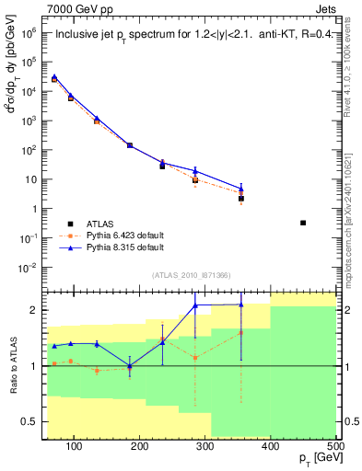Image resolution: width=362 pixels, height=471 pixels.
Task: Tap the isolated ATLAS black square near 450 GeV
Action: (x=303, y=223)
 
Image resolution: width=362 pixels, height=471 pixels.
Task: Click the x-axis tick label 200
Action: (x=140, y=446)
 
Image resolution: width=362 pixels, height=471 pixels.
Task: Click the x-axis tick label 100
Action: (x=75, y=446)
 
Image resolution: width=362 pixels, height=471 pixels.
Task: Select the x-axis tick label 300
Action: (x=204, y=446)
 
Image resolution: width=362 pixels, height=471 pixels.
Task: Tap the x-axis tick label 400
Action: (x=270, y=446)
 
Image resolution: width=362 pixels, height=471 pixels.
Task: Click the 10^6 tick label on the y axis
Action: (x=29, y=31)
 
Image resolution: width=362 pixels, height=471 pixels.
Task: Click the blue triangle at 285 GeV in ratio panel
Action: (x=195, y=305)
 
